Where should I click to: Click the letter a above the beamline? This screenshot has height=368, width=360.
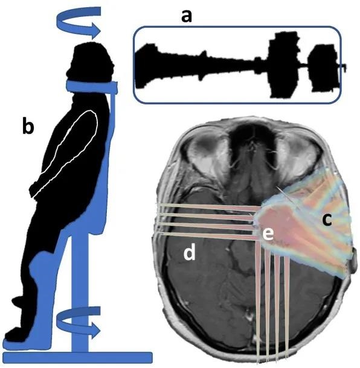pyautogui.click(x=187, y=17)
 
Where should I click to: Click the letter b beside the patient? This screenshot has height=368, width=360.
pyautogui.click(x=28, y=126)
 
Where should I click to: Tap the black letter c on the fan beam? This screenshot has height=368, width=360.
pyautogui.click(x=327, y=220)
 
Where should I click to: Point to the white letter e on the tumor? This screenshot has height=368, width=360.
pyautogui.click(x=268, y=234)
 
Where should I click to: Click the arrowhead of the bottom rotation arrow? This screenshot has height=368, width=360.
pyautogui.click(x=96, y=331)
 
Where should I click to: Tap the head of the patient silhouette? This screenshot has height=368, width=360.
pyautogui.click(x=91, y=62)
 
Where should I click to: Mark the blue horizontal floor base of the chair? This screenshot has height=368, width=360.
pyautogui.click(x=77, y=357)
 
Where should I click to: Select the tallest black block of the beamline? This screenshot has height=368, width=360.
pyautogui.click(x=284, y=65)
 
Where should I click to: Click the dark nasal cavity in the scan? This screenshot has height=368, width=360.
pyautogui.click(x=252, y=139)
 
